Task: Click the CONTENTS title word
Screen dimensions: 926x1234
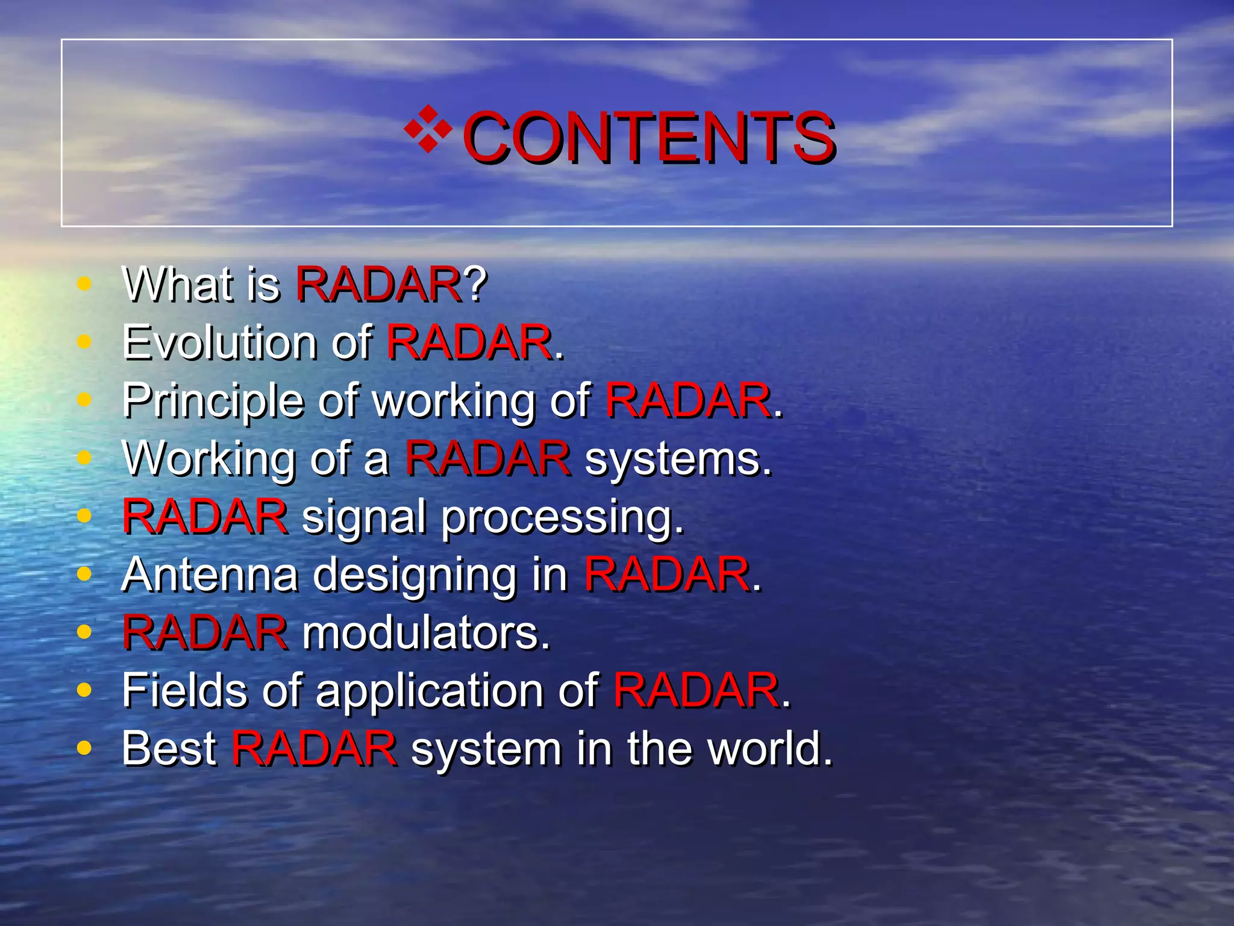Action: (648, 137)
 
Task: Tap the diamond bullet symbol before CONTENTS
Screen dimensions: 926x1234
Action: (428, 128)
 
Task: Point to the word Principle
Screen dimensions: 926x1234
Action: (213, 401)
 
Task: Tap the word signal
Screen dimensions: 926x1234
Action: (363, 517)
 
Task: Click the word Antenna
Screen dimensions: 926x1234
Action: (210, 575)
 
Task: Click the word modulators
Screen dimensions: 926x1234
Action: (425, 633)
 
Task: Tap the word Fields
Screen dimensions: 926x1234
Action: (184, 690)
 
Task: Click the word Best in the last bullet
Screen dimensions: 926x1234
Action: (169, 748)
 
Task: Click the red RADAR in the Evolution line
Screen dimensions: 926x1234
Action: (469, 342)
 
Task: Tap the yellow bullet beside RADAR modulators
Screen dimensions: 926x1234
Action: (84, 632)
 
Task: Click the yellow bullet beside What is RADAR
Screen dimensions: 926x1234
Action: (84, 283)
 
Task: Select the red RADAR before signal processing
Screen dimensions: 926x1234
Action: (205, 517)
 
